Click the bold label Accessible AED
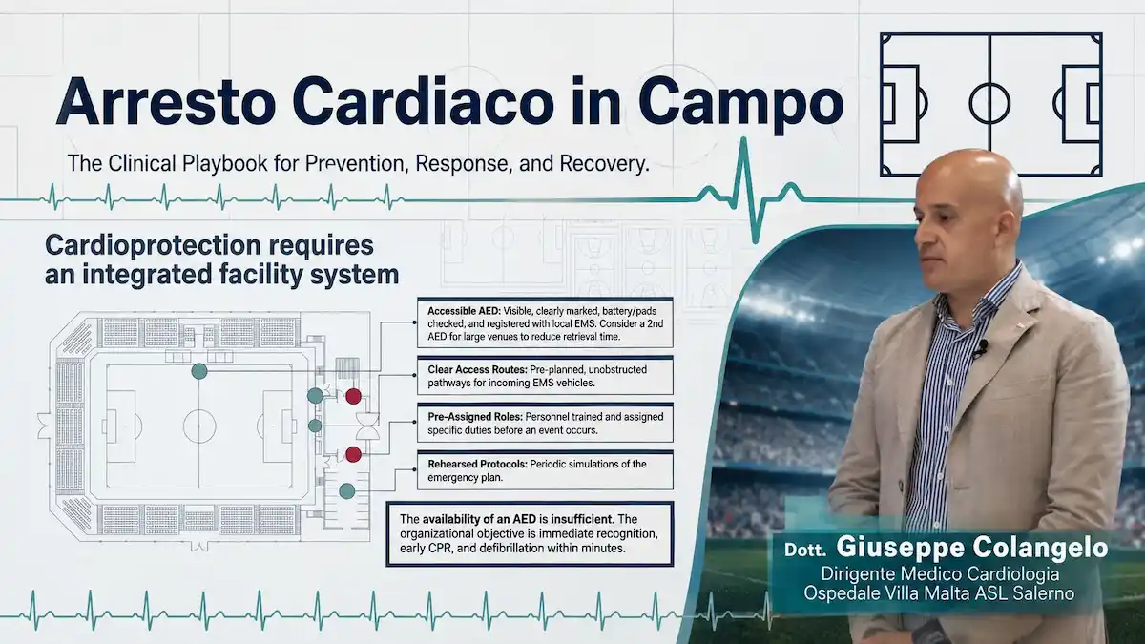point(465,311)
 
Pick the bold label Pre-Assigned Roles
point(475,417)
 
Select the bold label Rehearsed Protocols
point(477,464)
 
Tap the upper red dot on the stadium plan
point(353,396)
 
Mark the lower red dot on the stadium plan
point(353,454)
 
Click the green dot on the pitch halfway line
point(198,371)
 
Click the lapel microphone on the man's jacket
point(980,349)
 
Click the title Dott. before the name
point(805,550)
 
